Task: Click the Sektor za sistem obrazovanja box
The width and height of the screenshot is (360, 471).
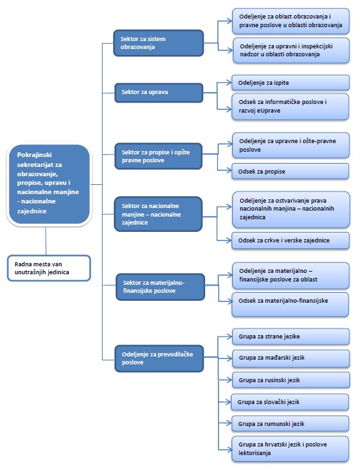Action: point(158,42)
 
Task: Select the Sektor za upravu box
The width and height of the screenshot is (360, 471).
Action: point(159,93)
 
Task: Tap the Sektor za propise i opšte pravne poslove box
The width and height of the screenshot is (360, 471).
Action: point(158,156)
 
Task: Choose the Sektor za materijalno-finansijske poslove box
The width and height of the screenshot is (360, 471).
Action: point(160,287)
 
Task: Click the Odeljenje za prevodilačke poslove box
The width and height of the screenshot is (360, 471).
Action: point(159,358)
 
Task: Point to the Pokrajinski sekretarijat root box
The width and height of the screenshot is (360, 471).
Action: point(49,184)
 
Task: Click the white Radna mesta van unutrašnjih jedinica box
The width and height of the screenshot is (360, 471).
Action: point(49,268)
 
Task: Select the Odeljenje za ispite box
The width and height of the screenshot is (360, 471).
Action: point(291,83)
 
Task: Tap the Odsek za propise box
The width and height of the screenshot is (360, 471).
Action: point(290,172)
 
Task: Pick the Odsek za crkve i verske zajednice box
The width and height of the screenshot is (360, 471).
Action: point(291,240)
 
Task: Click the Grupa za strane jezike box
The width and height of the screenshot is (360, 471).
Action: point(291,337)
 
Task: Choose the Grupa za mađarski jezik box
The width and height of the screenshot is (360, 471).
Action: point(291,358)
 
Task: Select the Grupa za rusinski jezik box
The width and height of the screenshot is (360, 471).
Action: point(291,380)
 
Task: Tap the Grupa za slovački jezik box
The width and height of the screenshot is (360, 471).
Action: point(290,402)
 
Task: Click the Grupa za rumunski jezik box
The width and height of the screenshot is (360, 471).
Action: point(290,424)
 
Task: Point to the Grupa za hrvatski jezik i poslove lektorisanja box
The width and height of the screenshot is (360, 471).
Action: point(290,448)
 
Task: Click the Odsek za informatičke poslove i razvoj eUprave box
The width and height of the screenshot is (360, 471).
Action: point(290,107)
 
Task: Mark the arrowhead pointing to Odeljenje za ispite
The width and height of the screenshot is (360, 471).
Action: point(229,82)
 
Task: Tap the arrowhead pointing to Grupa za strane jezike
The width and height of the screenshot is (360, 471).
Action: point(230,336)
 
